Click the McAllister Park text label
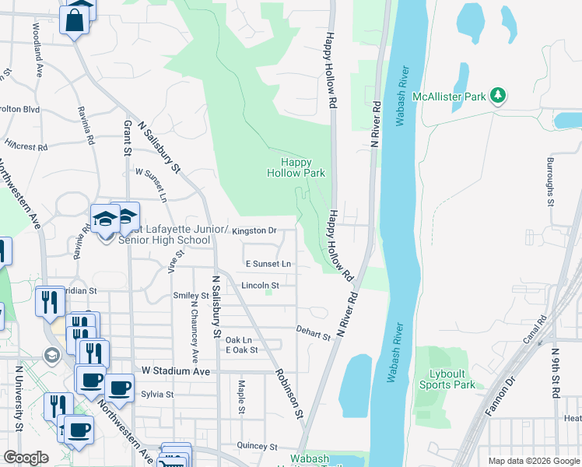pos(449,97)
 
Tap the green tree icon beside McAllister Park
pos(498,97)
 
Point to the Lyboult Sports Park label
pos(447,379)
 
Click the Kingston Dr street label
pos(254,230)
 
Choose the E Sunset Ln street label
pos(268,264)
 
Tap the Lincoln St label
pos(260,286)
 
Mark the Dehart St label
pos(314,332)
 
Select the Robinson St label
pos(288,393)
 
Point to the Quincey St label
pos(258,447)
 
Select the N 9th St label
pos(556,374)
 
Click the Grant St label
pos(128,137)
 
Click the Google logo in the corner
pos(26,458)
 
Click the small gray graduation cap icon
pos(52,356)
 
